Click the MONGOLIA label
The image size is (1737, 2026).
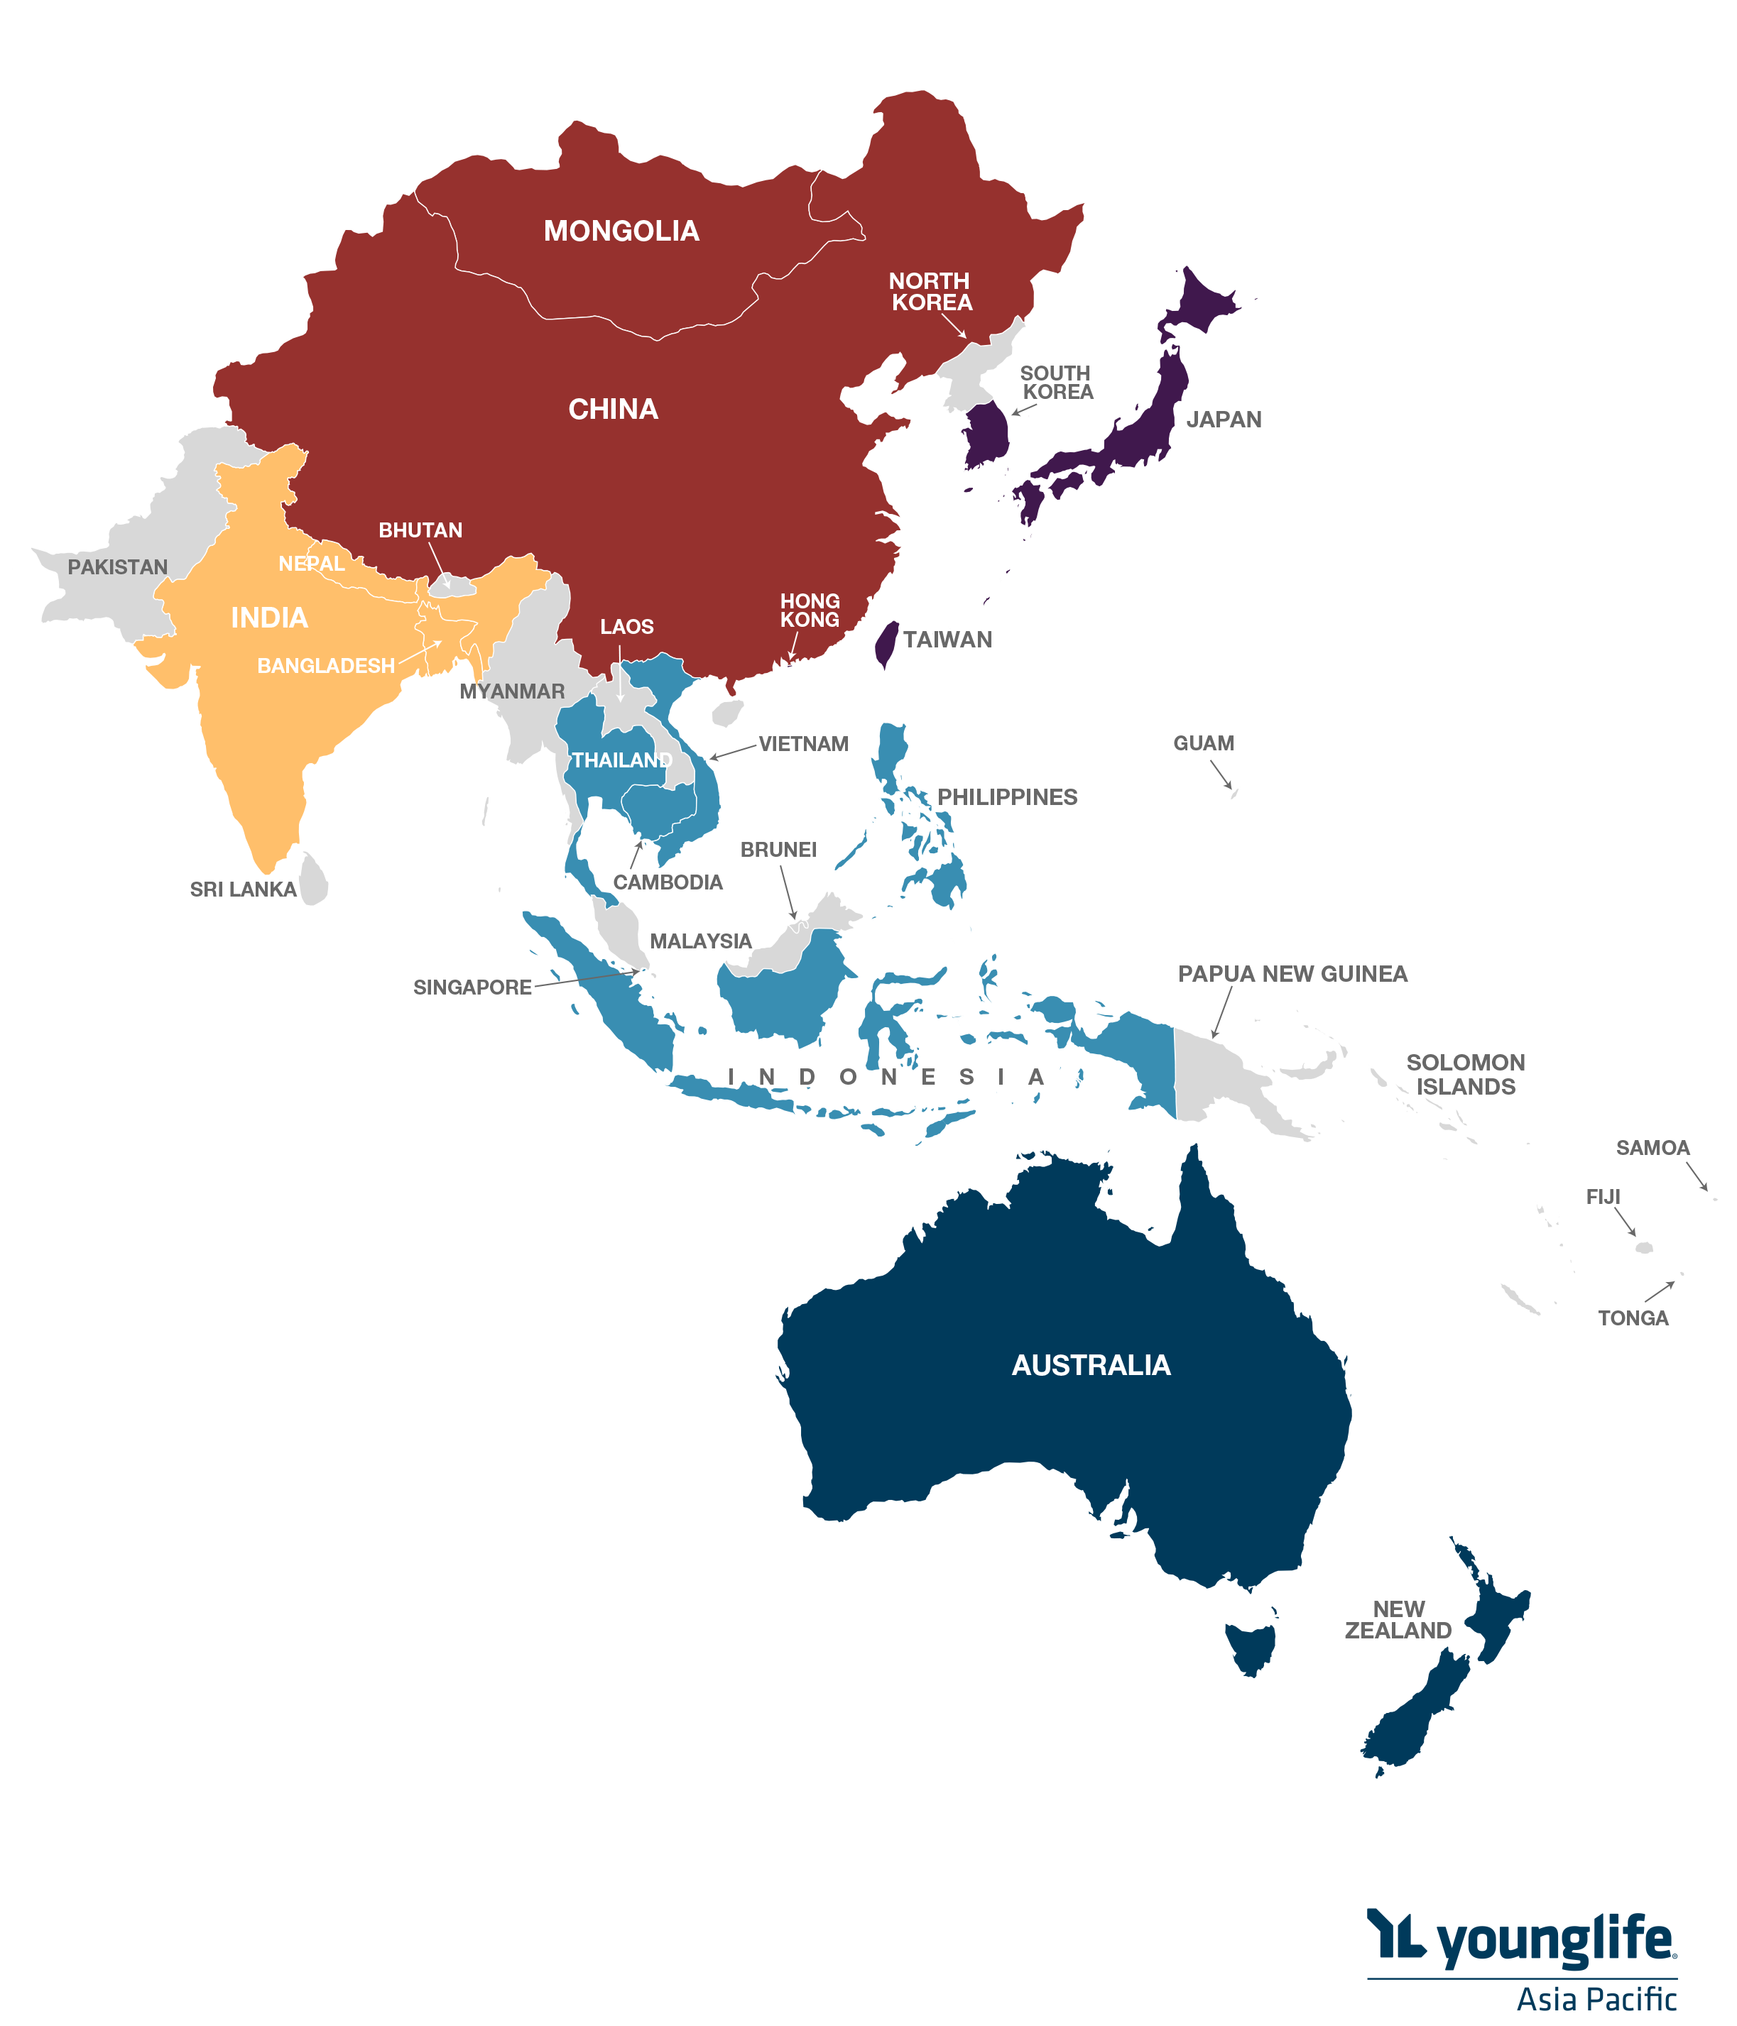coord(621,231)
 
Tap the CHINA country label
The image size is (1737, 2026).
coord(614,409)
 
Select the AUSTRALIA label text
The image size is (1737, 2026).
coord(1091,1365)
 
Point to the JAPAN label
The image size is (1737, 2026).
coord(1224,420)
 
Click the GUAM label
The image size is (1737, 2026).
coord(1203,743)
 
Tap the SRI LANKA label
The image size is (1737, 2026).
coord(243,889)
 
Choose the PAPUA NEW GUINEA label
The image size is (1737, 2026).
coord(1292,974)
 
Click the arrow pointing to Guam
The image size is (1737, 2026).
coord(1221,774)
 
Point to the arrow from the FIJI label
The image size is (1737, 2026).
coord(1625,1222)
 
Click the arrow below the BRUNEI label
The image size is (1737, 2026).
coord(788,892)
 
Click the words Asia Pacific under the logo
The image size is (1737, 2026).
coord(1596,1998)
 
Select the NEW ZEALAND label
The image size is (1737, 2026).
coord(1397,1620)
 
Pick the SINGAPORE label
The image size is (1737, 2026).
coord(472,987)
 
